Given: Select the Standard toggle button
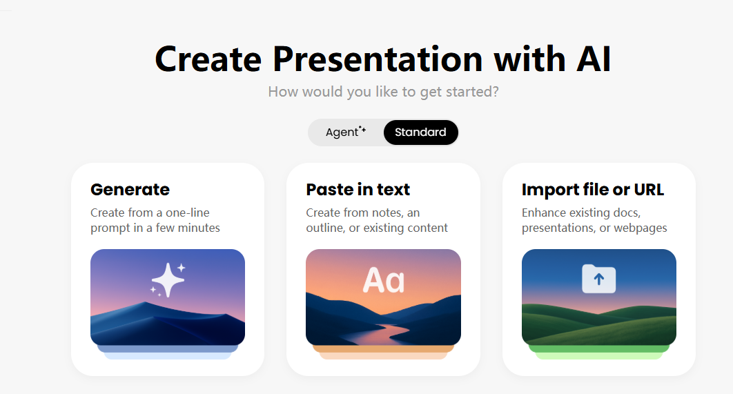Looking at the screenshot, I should tap(420, 132).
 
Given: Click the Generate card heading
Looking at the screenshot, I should tap(130, 189).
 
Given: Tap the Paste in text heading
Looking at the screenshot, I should tap(358, 189).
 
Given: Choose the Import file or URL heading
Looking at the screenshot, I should tap(592, 189).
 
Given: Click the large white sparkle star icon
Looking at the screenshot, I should tap(168, 279).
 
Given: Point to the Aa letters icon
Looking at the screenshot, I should tap(384, 280).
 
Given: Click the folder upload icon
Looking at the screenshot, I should tap(598, 279).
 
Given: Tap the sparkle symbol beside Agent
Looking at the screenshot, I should tap(362, 129).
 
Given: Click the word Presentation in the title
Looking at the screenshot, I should tap(378, 59).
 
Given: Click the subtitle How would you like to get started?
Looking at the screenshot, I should tap(383, 92).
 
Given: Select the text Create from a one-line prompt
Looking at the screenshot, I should tap(150, 213).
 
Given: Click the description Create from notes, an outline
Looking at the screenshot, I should tap(362, 213).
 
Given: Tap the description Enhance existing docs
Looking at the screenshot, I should tap(581, 213).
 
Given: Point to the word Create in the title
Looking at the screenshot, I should tap(208, 59).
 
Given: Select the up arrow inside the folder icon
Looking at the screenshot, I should tap(599, 279).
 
